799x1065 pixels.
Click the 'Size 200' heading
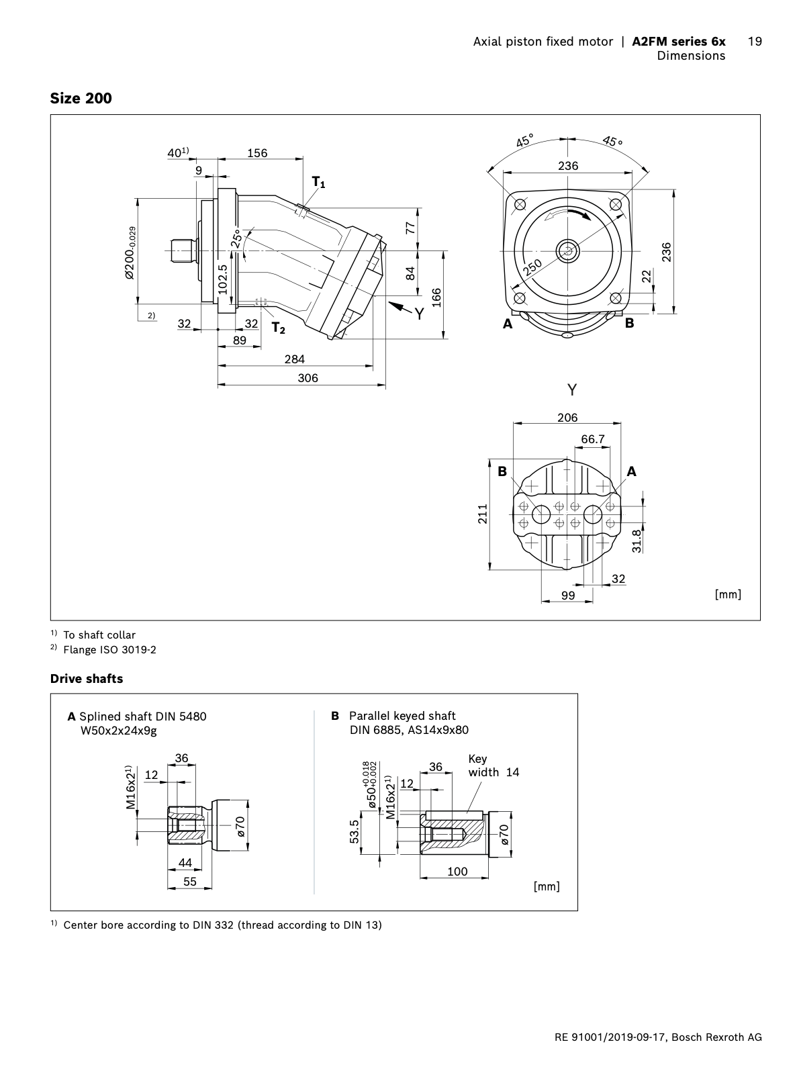click(x=81, y=98)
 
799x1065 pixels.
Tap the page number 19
click(x=755, y=42)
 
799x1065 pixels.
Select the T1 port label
click(x=318, y=182)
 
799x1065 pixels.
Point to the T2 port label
click(x=278, y=328)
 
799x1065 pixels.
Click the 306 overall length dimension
click(x=308, y=378)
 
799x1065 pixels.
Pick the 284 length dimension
click(x=294, y=359)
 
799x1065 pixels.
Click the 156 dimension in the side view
click(x=257, y=153)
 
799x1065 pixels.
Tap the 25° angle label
click(x=236, y=238)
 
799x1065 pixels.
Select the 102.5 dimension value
click(x=224, y=278)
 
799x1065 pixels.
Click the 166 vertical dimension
click(x=436, y=295)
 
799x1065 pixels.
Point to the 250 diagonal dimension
click(x=532, y=268)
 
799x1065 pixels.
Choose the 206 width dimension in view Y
click(x=567, y=418)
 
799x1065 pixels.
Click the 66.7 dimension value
click(x=593, y=439)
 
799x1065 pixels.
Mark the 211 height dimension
click(x=482, y=514)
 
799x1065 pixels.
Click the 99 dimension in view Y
click(x=568, y=595)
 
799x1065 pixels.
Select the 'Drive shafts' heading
click(x=87, y=678)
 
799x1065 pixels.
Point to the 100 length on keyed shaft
click(x=457, y=872)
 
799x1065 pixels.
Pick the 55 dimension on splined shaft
click(x=190, y=882)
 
